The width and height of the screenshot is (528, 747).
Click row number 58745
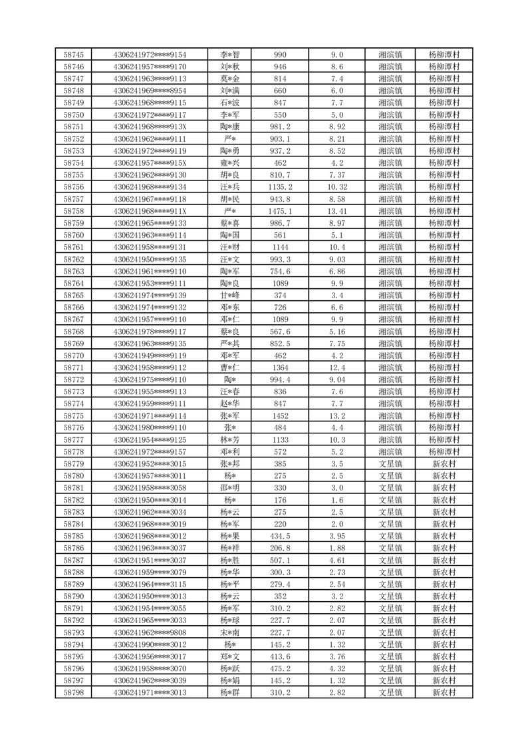(73, 55)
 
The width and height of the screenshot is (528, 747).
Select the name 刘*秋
(231, 67)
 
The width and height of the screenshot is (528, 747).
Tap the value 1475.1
(280, 211)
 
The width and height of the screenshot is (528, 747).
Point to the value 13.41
(337, 211)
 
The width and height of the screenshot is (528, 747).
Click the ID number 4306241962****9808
(150, 632)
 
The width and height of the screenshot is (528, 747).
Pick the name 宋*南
(231, 632)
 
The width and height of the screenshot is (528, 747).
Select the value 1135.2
(280, 187)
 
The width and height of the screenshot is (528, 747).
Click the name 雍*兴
(231, 163)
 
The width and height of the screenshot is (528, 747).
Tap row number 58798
(73, 692)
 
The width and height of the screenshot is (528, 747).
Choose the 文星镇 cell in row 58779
(390, 463)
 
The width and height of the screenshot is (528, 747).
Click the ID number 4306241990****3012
(150, 644)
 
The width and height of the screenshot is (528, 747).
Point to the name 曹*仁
(231, 368)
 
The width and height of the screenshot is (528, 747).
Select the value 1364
(280, 368)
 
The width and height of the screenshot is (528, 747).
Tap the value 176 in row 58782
(280, 499)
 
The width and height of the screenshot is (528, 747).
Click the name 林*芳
(231, 439)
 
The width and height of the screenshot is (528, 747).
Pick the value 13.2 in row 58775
(337, 415)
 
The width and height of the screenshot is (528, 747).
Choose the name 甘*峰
(231, 295)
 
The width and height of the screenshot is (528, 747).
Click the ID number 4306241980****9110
(150, 427)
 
